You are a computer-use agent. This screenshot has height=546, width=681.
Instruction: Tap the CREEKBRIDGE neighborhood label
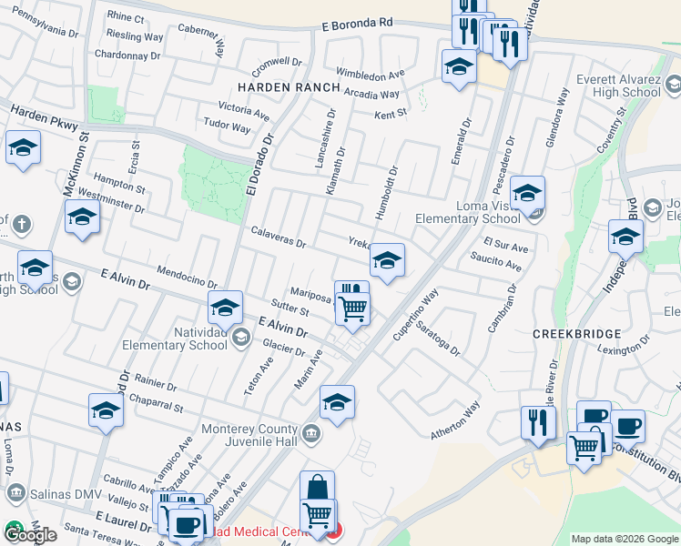576,335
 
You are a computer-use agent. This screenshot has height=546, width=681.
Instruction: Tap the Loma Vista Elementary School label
468,212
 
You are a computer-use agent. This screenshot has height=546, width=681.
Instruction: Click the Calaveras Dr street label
278,238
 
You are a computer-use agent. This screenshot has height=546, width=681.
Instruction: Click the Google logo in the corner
30,535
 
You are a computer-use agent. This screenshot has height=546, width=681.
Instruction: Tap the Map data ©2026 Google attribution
625,539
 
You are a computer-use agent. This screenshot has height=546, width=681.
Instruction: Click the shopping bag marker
317,487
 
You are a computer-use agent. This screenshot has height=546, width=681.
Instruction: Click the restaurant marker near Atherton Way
538,422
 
